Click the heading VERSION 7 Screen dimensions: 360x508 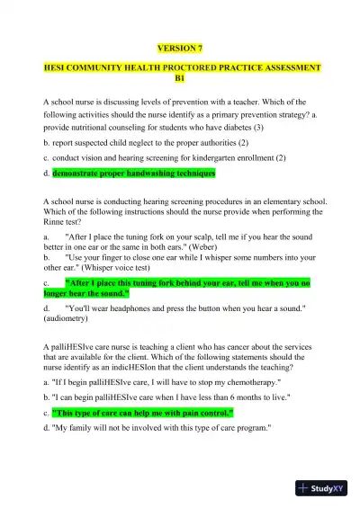pos(180,47)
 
